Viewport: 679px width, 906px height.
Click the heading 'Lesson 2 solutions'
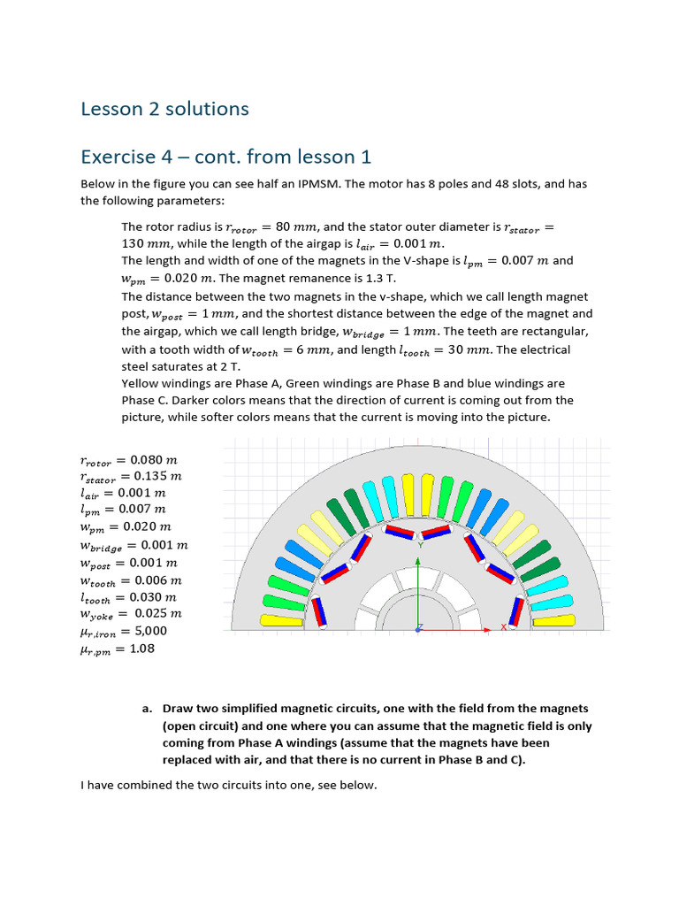point(164,109)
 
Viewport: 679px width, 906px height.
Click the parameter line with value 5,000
point(123,631)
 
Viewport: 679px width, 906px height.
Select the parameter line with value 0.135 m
point(129,476)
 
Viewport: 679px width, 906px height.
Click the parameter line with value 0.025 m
point(131,612)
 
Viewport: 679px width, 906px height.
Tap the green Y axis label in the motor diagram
point(420,546)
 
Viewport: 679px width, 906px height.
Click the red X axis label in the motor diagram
point(504,626)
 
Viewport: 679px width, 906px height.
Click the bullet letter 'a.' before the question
point(147,709)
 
